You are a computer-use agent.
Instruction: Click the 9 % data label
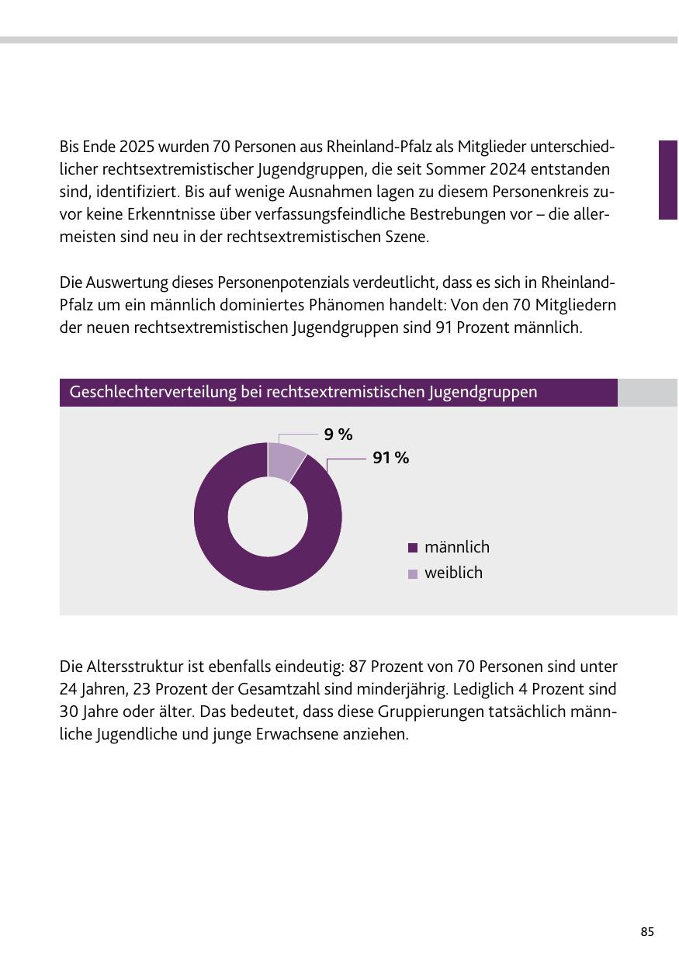338,435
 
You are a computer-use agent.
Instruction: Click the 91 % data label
390,458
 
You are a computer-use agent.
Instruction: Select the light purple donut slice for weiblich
284,460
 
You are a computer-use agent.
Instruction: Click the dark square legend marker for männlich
412,548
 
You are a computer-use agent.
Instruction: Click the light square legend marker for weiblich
412,574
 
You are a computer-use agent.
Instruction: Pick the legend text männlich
457,547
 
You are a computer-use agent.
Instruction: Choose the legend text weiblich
453,573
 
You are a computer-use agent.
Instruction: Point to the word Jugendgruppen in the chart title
483,393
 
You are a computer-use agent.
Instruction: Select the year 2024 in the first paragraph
508,169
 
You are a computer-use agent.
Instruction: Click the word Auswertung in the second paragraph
126,283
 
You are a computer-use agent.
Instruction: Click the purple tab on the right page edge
668,180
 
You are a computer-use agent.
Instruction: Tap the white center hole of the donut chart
268,516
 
